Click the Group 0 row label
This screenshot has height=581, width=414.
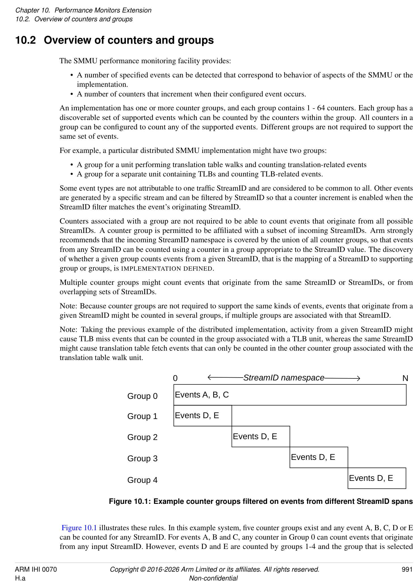point(142,396)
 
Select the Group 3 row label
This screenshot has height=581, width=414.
point(142,458)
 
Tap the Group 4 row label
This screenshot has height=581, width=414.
point(142,480)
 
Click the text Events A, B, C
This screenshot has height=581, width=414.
point(202,395)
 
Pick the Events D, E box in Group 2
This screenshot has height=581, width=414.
point(261,436)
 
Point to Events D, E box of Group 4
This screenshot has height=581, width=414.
point(377,478)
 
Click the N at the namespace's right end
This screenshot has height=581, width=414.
point(405,378)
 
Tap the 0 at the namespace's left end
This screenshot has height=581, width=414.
point(175,378)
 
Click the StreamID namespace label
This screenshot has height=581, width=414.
point(284,378)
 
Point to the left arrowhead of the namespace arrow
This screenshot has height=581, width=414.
point(209,378)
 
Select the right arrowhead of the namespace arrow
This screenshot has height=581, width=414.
point(358,378)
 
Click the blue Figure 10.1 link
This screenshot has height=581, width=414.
point(79,528)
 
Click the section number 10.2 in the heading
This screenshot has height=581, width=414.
point(26,40)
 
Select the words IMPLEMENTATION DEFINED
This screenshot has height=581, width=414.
point(167,268)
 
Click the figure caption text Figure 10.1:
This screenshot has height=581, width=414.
point(130,501)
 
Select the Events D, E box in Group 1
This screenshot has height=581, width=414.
point(202,416)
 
